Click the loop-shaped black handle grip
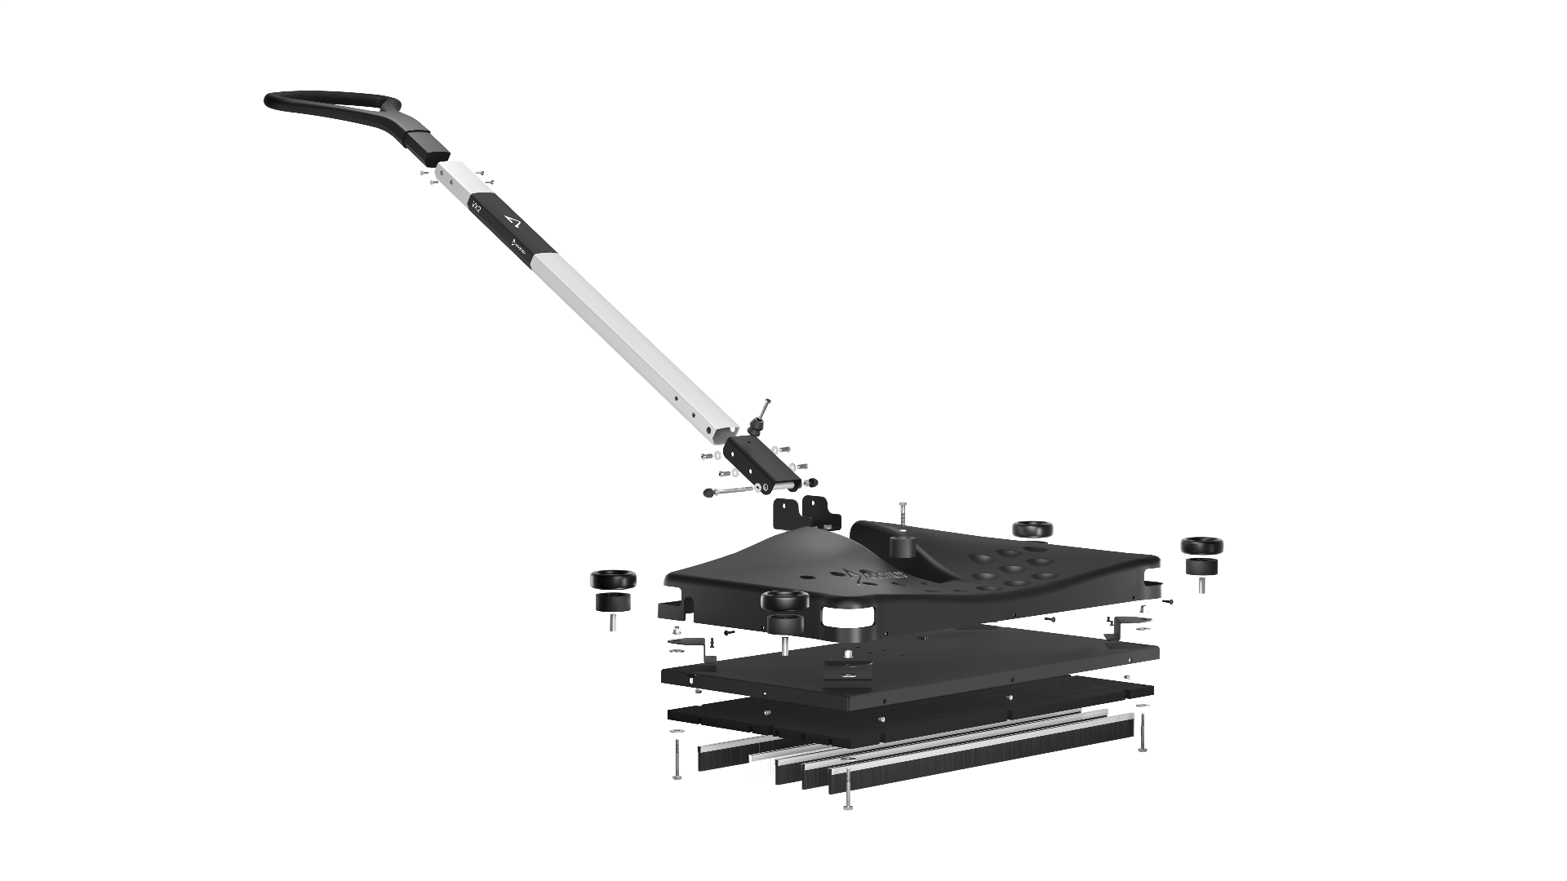click(326, 107)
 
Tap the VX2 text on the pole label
click(476, 207)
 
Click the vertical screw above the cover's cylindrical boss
click(903, 515)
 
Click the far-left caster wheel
click(613, 587)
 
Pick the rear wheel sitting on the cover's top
click(1033, 529)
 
